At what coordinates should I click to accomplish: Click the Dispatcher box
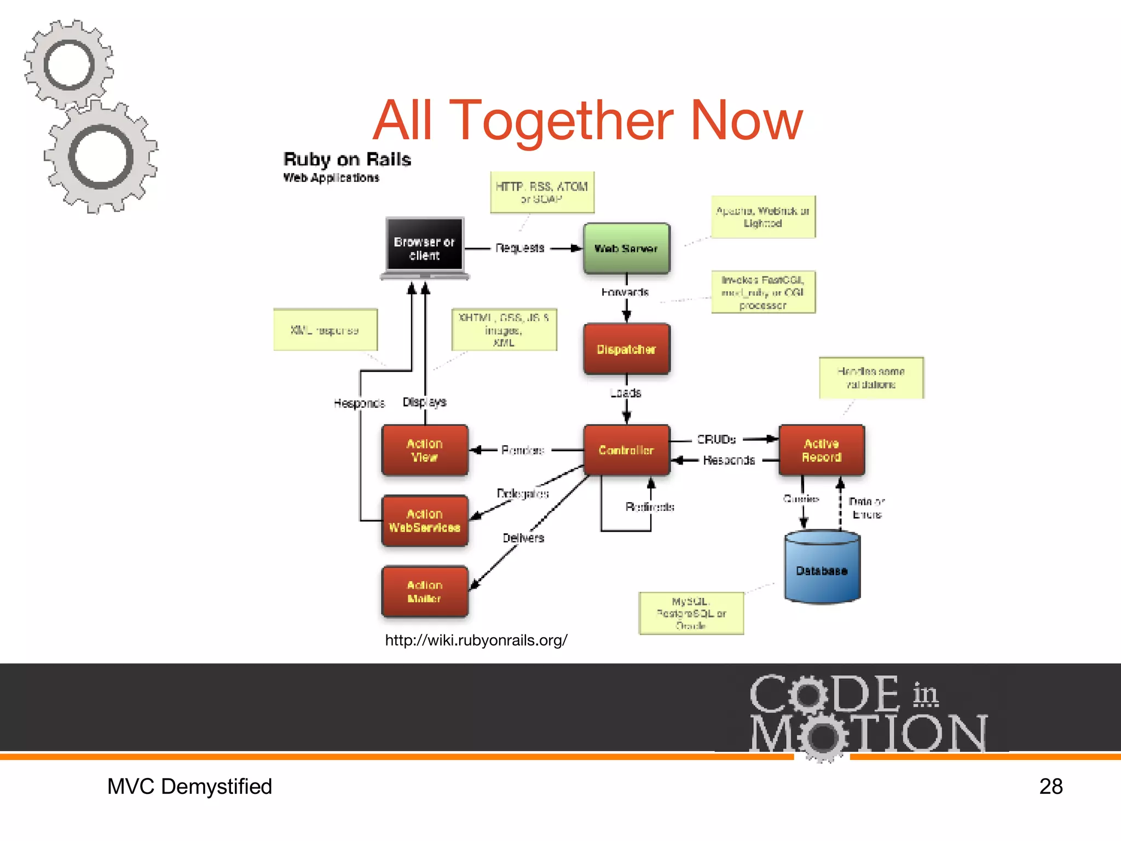pyautogui.click(x=627, y=349)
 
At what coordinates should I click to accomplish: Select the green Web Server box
pyautogui.click(x=626, y=249)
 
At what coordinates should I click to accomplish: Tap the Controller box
pyautogui.click(x=627, y=450)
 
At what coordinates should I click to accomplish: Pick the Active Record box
pyautogui.click(x=822, y=450)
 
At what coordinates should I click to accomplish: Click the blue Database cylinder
pyautogui.click(x=822, y=569)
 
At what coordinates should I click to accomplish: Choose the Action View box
pyautogui.click(x=425, y=450)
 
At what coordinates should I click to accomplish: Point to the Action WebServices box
pyautogui.click(x=425, y=521)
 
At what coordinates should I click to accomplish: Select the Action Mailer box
pyautogui.click(x=425, y=592)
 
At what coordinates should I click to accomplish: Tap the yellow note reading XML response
pyautogui.click(x=325, y=330)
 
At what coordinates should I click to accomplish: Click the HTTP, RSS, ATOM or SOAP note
pyautogui.click(x=542, y=193)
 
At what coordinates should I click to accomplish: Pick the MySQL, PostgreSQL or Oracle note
pyautogui.click(x=691, y=613)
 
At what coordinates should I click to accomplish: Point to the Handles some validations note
pyautogui.click(x=871, y=378)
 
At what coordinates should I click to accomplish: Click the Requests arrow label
pyautogui.click(x=520, y=248)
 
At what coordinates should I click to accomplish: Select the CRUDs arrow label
pyautogui.click(x=716, y=439)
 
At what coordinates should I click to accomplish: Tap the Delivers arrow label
pyautogui.click(x=523, y=538)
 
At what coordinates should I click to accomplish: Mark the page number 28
pyautogui.click(x=1050, y=786)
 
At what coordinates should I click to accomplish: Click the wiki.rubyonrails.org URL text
pyautogui.click(x=476, y=640)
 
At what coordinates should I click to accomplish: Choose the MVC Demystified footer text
pyautogui.click(x=189, y=786)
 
